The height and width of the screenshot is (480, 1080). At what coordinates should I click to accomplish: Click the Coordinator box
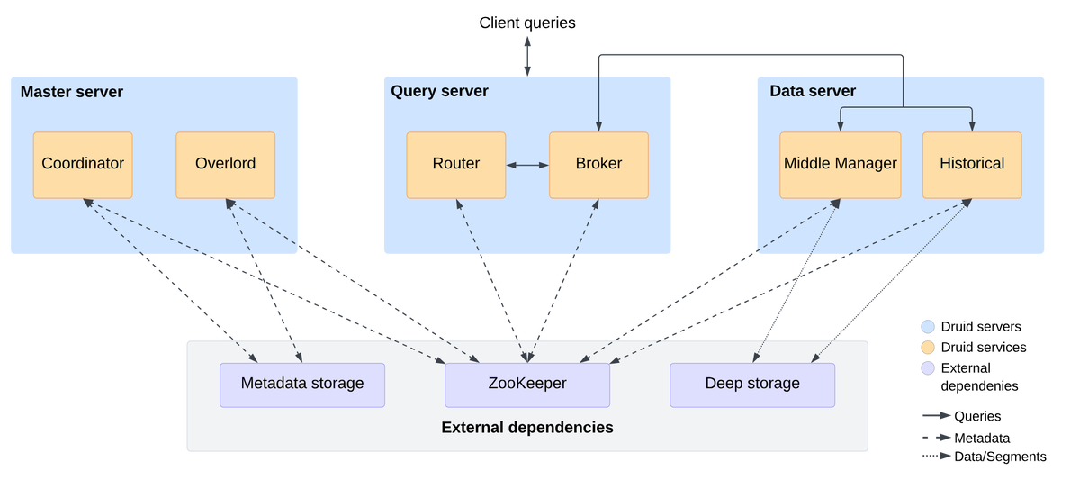83,165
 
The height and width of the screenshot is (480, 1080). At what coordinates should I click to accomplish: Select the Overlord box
225,165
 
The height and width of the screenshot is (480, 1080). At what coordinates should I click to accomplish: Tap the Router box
455,165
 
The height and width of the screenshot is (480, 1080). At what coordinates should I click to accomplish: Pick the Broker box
598,165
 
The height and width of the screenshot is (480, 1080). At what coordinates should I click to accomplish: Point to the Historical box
972,165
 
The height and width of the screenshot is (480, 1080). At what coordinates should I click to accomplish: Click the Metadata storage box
302,385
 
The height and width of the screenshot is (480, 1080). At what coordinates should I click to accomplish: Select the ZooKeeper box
527,385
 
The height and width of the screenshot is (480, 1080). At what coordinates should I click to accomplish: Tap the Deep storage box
752,385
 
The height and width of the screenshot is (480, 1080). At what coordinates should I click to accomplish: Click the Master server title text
71,92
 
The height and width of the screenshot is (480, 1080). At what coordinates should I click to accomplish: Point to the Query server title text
439,92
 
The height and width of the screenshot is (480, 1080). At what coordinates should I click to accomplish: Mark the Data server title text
813,92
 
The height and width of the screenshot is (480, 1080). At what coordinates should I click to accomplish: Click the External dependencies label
527,428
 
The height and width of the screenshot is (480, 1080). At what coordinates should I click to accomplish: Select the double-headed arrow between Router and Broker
527,166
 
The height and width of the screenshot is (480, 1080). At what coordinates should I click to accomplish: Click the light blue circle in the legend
928,327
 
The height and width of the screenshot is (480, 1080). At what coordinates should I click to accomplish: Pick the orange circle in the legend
928,348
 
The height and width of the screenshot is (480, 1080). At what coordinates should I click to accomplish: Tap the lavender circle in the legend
928,368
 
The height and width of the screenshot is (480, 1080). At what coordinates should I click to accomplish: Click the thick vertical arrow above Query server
527,54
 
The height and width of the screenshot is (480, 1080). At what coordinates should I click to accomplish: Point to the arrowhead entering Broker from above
598,126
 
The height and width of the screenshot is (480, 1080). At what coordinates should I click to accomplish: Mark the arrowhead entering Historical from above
972,126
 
